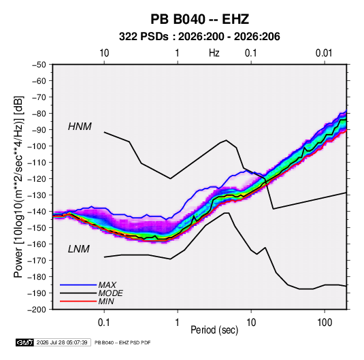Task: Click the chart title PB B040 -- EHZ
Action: pos(199,19)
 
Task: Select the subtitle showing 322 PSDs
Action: pos(199,37)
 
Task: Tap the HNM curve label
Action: pos(80,127)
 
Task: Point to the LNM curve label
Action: pos(79,249)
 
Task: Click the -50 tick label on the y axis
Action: pos(39,65)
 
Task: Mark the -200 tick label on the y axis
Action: pos(37,310)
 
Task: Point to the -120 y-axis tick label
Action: pos(37,179)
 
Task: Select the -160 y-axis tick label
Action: pos(37,244)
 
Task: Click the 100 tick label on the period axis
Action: pos(325,323)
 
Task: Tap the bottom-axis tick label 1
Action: pos(178,323)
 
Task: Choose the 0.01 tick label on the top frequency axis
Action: pos(324,53)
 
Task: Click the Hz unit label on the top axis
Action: pos(214,53)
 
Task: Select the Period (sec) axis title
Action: pos(214,330)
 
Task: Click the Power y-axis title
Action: pos(18,186)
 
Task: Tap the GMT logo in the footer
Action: pos(24,342)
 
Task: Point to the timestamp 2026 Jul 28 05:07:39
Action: pos(62,342)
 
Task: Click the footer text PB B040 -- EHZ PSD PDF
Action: pos(122,342)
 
